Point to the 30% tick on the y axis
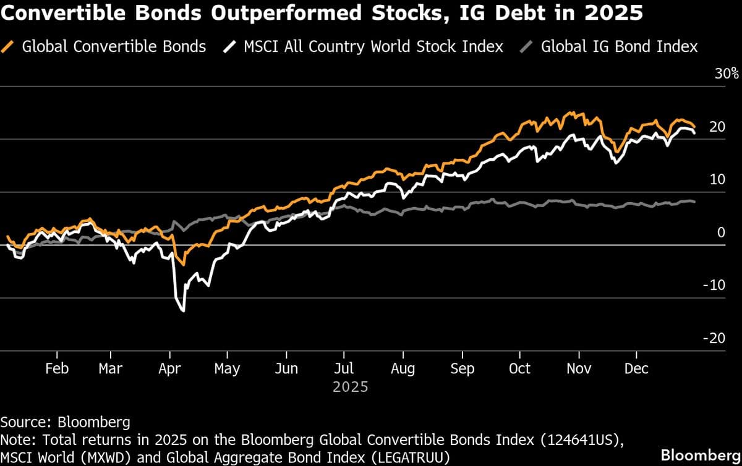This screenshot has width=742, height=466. (x=727, y=74)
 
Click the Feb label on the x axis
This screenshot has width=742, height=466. (x=57, y=369)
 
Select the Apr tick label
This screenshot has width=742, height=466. (x=169, y=369)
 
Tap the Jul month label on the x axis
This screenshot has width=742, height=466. (x=344, y=369)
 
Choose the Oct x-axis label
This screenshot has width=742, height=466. (x=519, y=369)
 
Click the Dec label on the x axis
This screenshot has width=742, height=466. (x=636, y=369)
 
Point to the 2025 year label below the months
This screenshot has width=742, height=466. (x=350, y=388)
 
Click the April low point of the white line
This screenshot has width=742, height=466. (x=184, y=310)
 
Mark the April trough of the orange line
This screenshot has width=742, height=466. (x=182, y=265)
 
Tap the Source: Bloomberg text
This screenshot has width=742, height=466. (x=65, y=423)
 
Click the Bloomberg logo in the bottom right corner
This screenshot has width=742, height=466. (x=701, y=455)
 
